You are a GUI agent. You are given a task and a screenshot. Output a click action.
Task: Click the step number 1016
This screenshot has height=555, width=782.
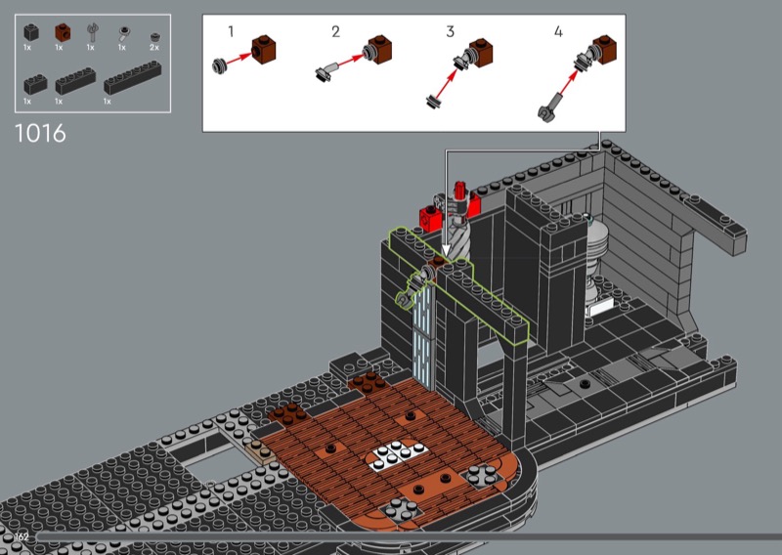pyautogui.click(x=40, y=134)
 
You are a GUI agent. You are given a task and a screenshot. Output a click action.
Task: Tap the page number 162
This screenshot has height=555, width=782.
pyautogui.click(x=22, y=536)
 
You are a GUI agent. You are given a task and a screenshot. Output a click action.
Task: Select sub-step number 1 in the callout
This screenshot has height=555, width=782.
pyautogui.click(x=231, y=32)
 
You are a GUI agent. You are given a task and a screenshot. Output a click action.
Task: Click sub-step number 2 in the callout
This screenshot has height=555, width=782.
pyautogui.click(x=335, y=32)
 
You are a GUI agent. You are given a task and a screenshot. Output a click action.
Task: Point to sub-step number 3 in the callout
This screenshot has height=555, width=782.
pyautogui.click(x=450, y=32)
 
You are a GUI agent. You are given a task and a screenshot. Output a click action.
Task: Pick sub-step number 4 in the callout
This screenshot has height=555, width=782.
pyautogui.click(x=558, y=32)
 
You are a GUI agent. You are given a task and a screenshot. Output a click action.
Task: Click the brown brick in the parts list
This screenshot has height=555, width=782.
pyautogui.click(x=63, y=32)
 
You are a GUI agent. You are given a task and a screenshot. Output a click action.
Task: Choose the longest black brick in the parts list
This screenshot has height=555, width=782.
pyautogui.click(x=133, y=78)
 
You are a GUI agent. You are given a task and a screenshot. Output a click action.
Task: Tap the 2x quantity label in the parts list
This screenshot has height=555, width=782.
pyautogui.click(x=154, y=47)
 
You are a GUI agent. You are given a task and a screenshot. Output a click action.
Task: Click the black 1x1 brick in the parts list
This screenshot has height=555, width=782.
pyautogui.click(x=31, y=33)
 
